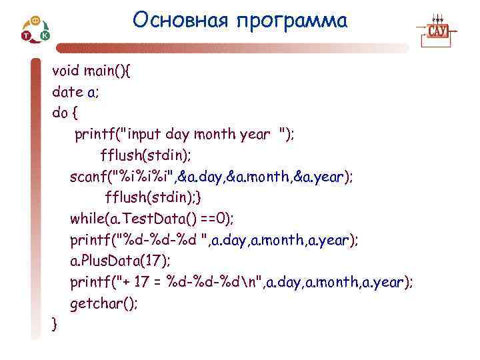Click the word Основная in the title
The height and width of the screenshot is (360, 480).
179,21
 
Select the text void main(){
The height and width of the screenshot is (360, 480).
91,70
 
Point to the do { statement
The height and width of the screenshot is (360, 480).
65,113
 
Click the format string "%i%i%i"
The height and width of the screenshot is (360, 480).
147,177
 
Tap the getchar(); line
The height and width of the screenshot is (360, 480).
103,303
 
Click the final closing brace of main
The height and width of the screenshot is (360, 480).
55,325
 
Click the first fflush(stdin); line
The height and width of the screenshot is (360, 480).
145,155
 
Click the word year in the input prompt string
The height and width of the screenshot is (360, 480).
255,134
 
